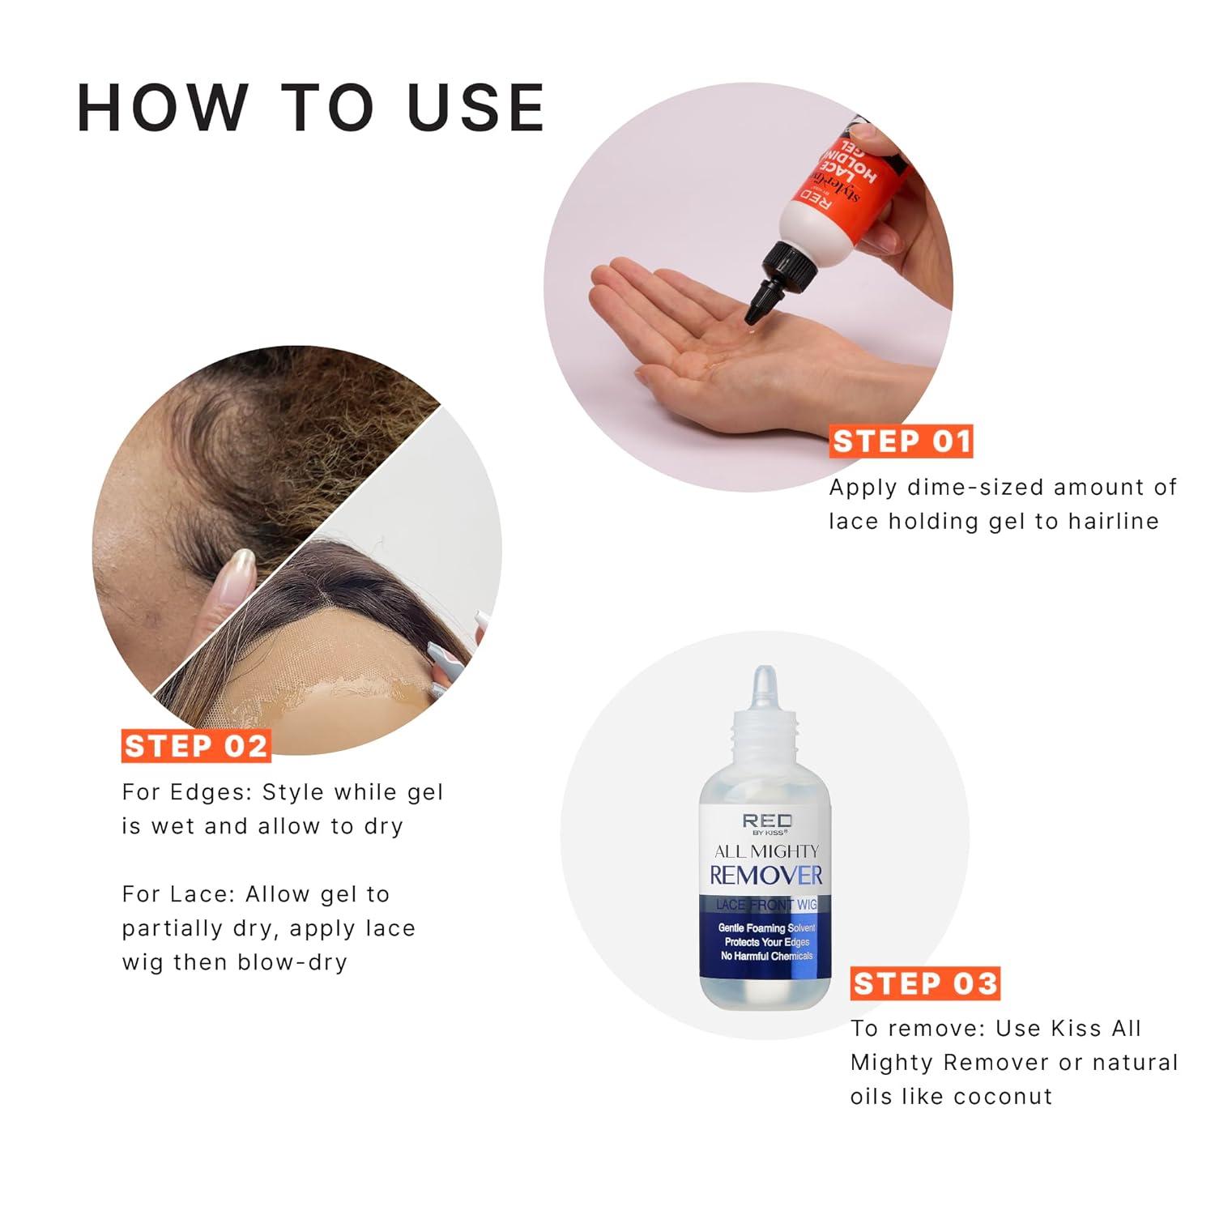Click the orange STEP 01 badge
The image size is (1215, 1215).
point(901,441)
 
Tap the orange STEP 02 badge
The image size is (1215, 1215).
point(195,745)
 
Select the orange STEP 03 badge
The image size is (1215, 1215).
point(925,983)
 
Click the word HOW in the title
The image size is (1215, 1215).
point(163,108)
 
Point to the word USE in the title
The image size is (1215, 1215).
point(476,108)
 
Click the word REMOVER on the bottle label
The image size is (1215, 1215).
point(765,875)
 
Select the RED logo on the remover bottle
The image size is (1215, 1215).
point(765,821)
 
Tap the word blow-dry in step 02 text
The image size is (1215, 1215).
point(292,962)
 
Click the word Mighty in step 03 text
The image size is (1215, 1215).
point(892,1063)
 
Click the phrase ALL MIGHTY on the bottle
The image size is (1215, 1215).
point(766,851)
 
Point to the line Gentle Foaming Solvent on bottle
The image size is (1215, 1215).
point(766,928)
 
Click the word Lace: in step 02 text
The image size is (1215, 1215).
point(201,894)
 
